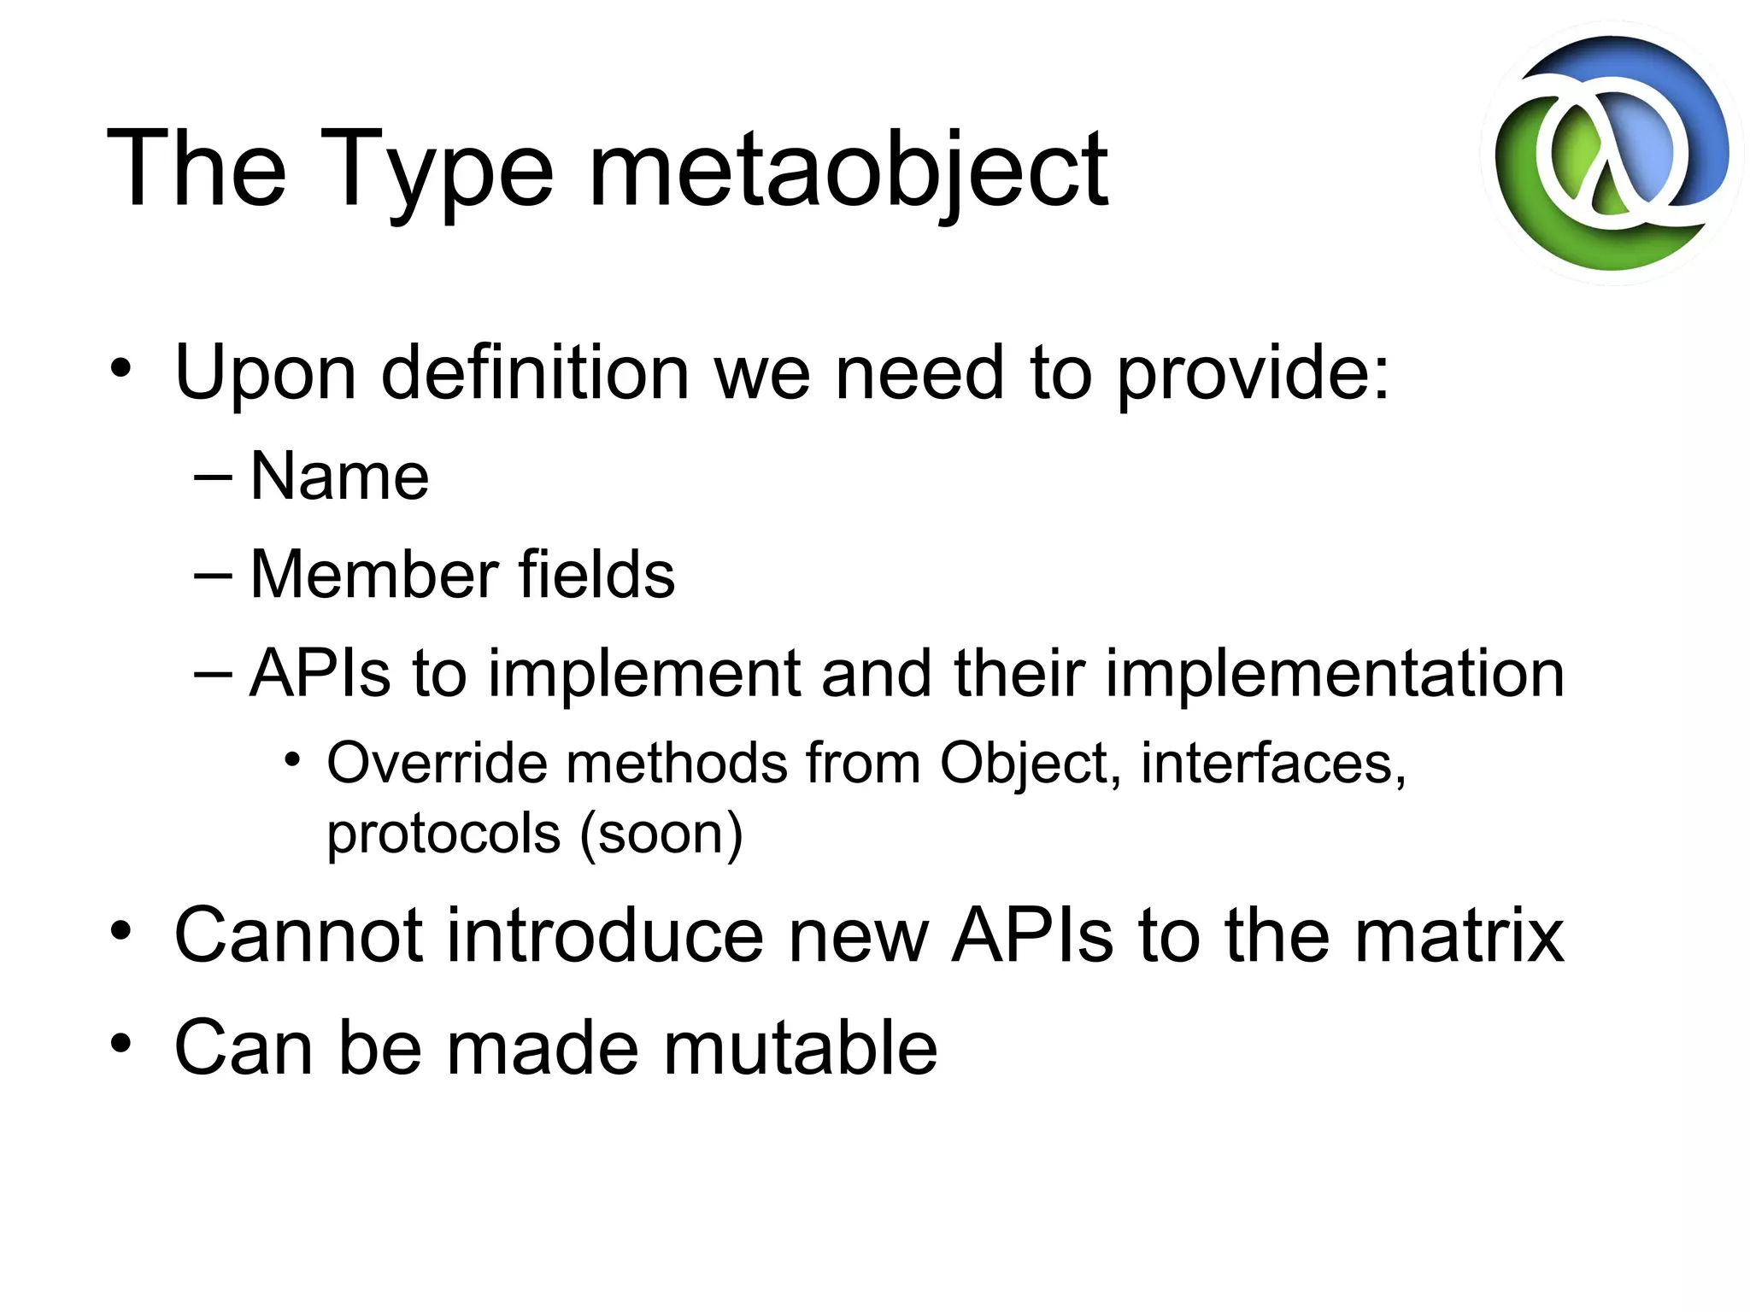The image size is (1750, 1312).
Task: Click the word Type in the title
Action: pos(436,171)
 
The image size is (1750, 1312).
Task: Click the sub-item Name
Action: pos(339,477)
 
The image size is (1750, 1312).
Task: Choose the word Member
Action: pos(374,574)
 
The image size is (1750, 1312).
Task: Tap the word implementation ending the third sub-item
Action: pos(1335,675)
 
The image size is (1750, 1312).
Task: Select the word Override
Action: pos(436,763)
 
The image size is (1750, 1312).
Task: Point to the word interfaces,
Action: pos(1273,763)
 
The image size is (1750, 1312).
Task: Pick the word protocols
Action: pos(443,835)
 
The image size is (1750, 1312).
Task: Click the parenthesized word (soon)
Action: pos(661,835)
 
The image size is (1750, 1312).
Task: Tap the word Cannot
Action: pos(297,937)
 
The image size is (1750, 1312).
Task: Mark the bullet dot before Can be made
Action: pos(121,1044)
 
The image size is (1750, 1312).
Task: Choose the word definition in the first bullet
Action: pos(535,374)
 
